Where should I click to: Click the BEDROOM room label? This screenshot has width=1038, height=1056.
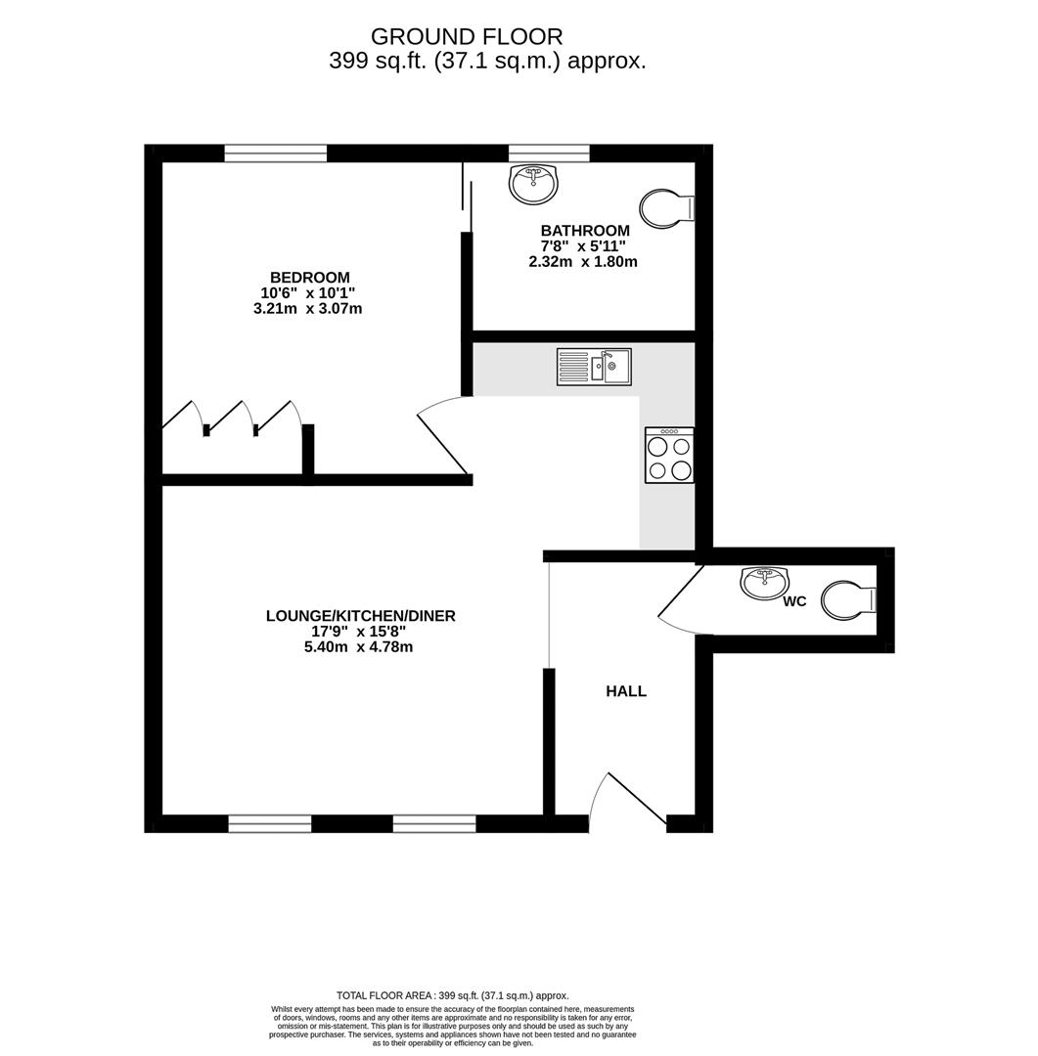click(310, 278)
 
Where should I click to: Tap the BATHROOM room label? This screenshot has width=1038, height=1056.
click(585, 231)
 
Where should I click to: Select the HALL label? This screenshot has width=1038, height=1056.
click(626, 691)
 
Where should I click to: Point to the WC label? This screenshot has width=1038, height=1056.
click(794, 601)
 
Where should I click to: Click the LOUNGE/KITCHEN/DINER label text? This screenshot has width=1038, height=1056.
click(361, 616)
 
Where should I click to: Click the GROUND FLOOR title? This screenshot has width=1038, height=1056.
click(467, 36)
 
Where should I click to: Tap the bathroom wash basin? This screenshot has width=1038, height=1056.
click(533, 183)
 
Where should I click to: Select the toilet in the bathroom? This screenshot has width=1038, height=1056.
click(666, 208)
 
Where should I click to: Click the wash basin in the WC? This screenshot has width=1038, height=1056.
click(764, 583)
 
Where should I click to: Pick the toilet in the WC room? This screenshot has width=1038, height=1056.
click(848, 600)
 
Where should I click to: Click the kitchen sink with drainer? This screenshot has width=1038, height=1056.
click(594, 367)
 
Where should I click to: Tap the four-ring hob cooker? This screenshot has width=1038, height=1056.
click(669, 456)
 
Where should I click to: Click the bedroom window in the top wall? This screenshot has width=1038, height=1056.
click(276, 154)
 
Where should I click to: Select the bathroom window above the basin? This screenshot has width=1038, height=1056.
click(550, 154)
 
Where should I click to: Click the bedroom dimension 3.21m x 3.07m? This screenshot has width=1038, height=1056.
click(307, 309)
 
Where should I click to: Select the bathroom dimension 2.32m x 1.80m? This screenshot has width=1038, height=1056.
click(583, 262)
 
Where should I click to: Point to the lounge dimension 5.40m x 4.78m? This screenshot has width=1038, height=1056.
click(359, 647)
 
